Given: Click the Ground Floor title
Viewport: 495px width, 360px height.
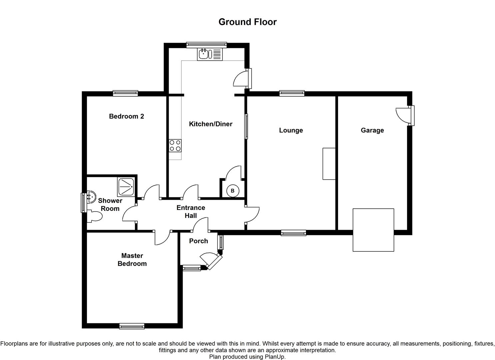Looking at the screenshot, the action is pos(247,22).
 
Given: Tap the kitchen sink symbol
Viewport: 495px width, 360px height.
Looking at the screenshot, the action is pos(210,54).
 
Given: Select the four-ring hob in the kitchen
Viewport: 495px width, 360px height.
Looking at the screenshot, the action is pos(175,146).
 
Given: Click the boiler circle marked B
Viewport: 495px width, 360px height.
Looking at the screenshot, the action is pos(232,190).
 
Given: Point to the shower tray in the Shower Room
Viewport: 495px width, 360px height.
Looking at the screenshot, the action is pos(126,187).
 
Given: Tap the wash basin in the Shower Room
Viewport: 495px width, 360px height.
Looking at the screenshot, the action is pos(91,197).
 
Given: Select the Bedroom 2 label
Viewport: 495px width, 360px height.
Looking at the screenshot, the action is pos(126,116).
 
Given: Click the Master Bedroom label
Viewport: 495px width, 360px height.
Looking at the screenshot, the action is pos(132,259).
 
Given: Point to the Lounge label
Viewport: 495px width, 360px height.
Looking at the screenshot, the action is pos(291,130).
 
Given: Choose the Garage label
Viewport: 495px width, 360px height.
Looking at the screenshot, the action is pos(372,130).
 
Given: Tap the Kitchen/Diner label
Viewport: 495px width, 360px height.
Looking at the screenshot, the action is pos(211,124).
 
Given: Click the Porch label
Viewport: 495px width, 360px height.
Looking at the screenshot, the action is pos(198,241).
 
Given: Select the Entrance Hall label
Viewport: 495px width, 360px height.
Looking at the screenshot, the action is pos(191,211).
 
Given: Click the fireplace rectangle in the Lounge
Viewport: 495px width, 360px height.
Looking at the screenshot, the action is pos(329,164).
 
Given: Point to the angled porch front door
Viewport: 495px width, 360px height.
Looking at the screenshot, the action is pos(211,261).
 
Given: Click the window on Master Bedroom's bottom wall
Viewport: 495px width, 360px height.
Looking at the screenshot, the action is pos(132,326).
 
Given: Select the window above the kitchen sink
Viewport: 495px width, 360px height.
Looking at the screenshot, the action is pos(206,45).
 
